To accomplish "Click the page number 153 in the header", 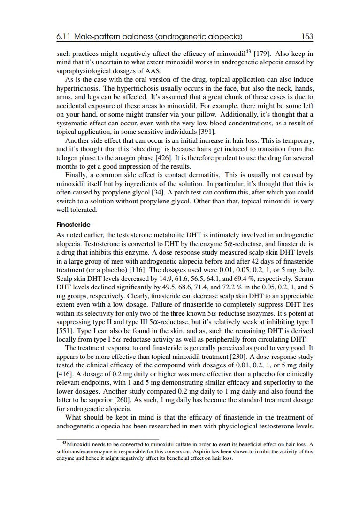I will [307, 36].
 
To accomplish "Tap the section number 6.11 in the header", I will [63, 36].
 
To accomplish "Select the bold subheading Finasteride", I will [73, 225].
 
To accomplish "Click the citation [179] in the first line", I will [263, 54].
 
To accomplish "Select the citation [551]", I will [65, 330].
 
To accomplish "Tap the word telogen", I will [67, 158].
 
